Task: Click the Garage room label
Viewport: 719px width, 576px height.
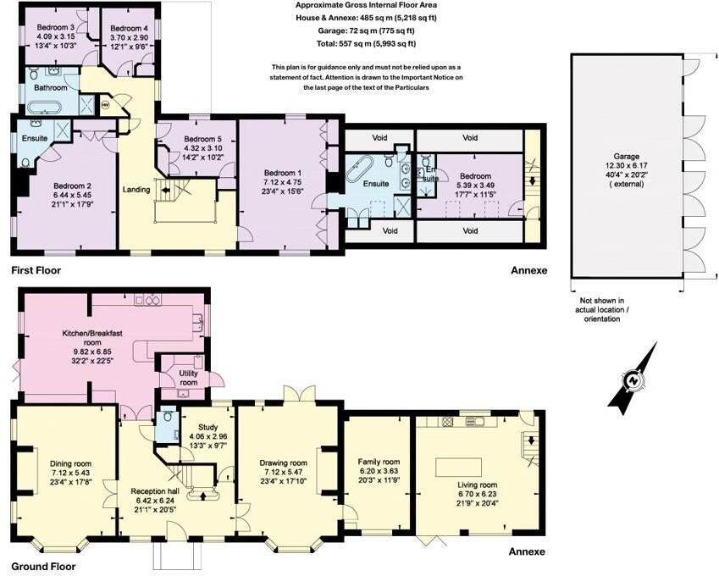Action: [x=626, y=157]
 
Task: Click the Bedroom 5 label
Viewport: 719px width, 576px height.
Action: [x=203, y=139]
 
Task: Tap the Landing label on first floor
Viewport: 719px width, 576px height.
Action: [x=136, y=190]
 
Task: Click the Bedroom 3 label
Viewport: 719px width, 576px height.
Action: [x=56, y=27]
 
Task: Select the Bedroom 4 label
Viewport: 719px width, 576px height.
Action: [x=129, y=29]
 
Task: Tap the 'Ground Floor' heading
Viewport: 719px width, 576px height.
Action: [x=42, y=567]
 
